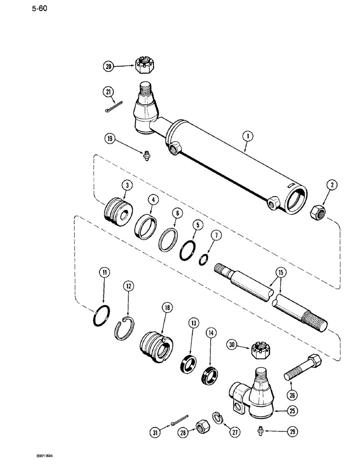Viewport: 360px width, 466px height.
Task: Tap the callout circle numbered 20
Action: point(109,67)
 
